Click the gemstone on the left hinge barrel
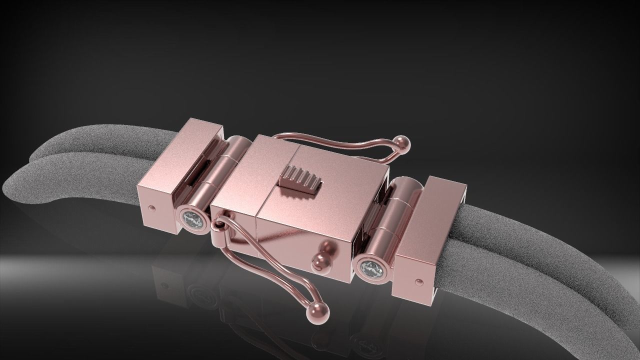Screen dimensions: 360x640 (192, 220)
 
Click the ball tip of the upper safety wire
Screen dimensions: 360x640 (403, 144)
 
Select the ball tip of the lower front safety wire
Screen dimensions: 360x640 (318, 312)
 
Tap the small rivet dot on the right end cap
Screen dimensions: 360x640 (417, 282)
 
